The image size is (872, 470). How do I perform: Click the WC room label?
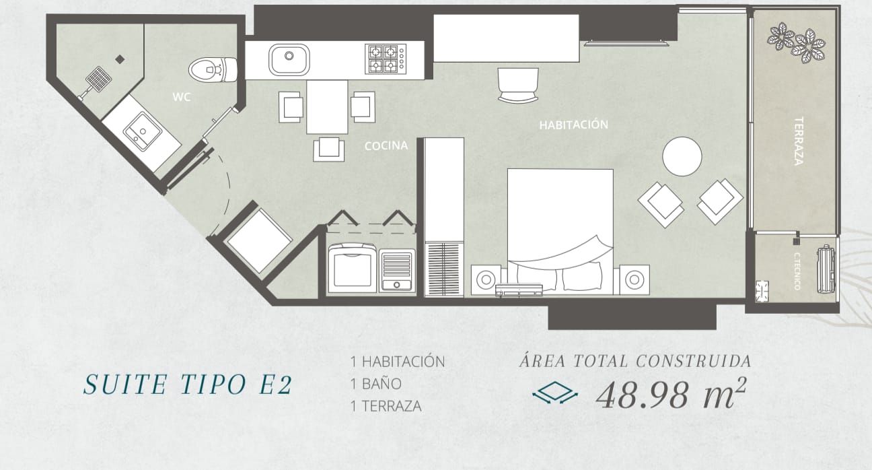[x=182, y=97]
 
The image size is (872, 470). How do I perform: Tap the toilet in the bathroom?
[x=213, y=69]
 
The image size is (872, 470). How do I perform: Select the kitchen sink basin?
[x=289, y=60]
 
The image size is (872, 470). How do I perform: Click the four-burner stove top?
[x=386, y=59]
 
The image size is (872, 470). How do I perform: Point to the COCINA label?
[x=386, y=145]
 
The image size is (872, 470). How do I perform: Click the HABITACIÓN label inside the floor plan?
[x=573, y=125]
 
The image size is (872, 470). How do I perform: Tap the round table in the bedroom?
[x=682, y=156]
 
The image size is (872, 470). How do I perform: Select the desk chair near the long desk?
[x=518, y=86]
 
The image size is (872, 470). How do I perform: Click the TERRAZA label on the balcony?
[x=799, y=141]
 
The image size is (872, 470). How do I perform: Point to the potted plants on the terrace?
[x=796, y=42]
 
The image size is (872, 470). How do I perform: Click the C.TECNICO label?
[x=797, y=271]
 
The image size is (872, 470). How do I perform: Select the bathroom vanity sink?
[x=143, y=131]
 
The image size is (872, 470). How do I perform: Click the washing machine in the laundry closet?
[x=353, y=269]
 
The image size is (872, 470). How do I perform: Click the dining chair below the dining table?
[x=329, y=149]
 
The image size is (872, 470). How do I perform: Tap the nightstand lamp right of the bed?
[x=634, y=279]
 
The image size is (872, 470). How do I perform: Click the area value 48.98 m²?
[x=670, y=395]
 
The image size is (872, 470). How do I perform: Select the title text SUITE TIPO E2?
[x=188, y=384]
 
